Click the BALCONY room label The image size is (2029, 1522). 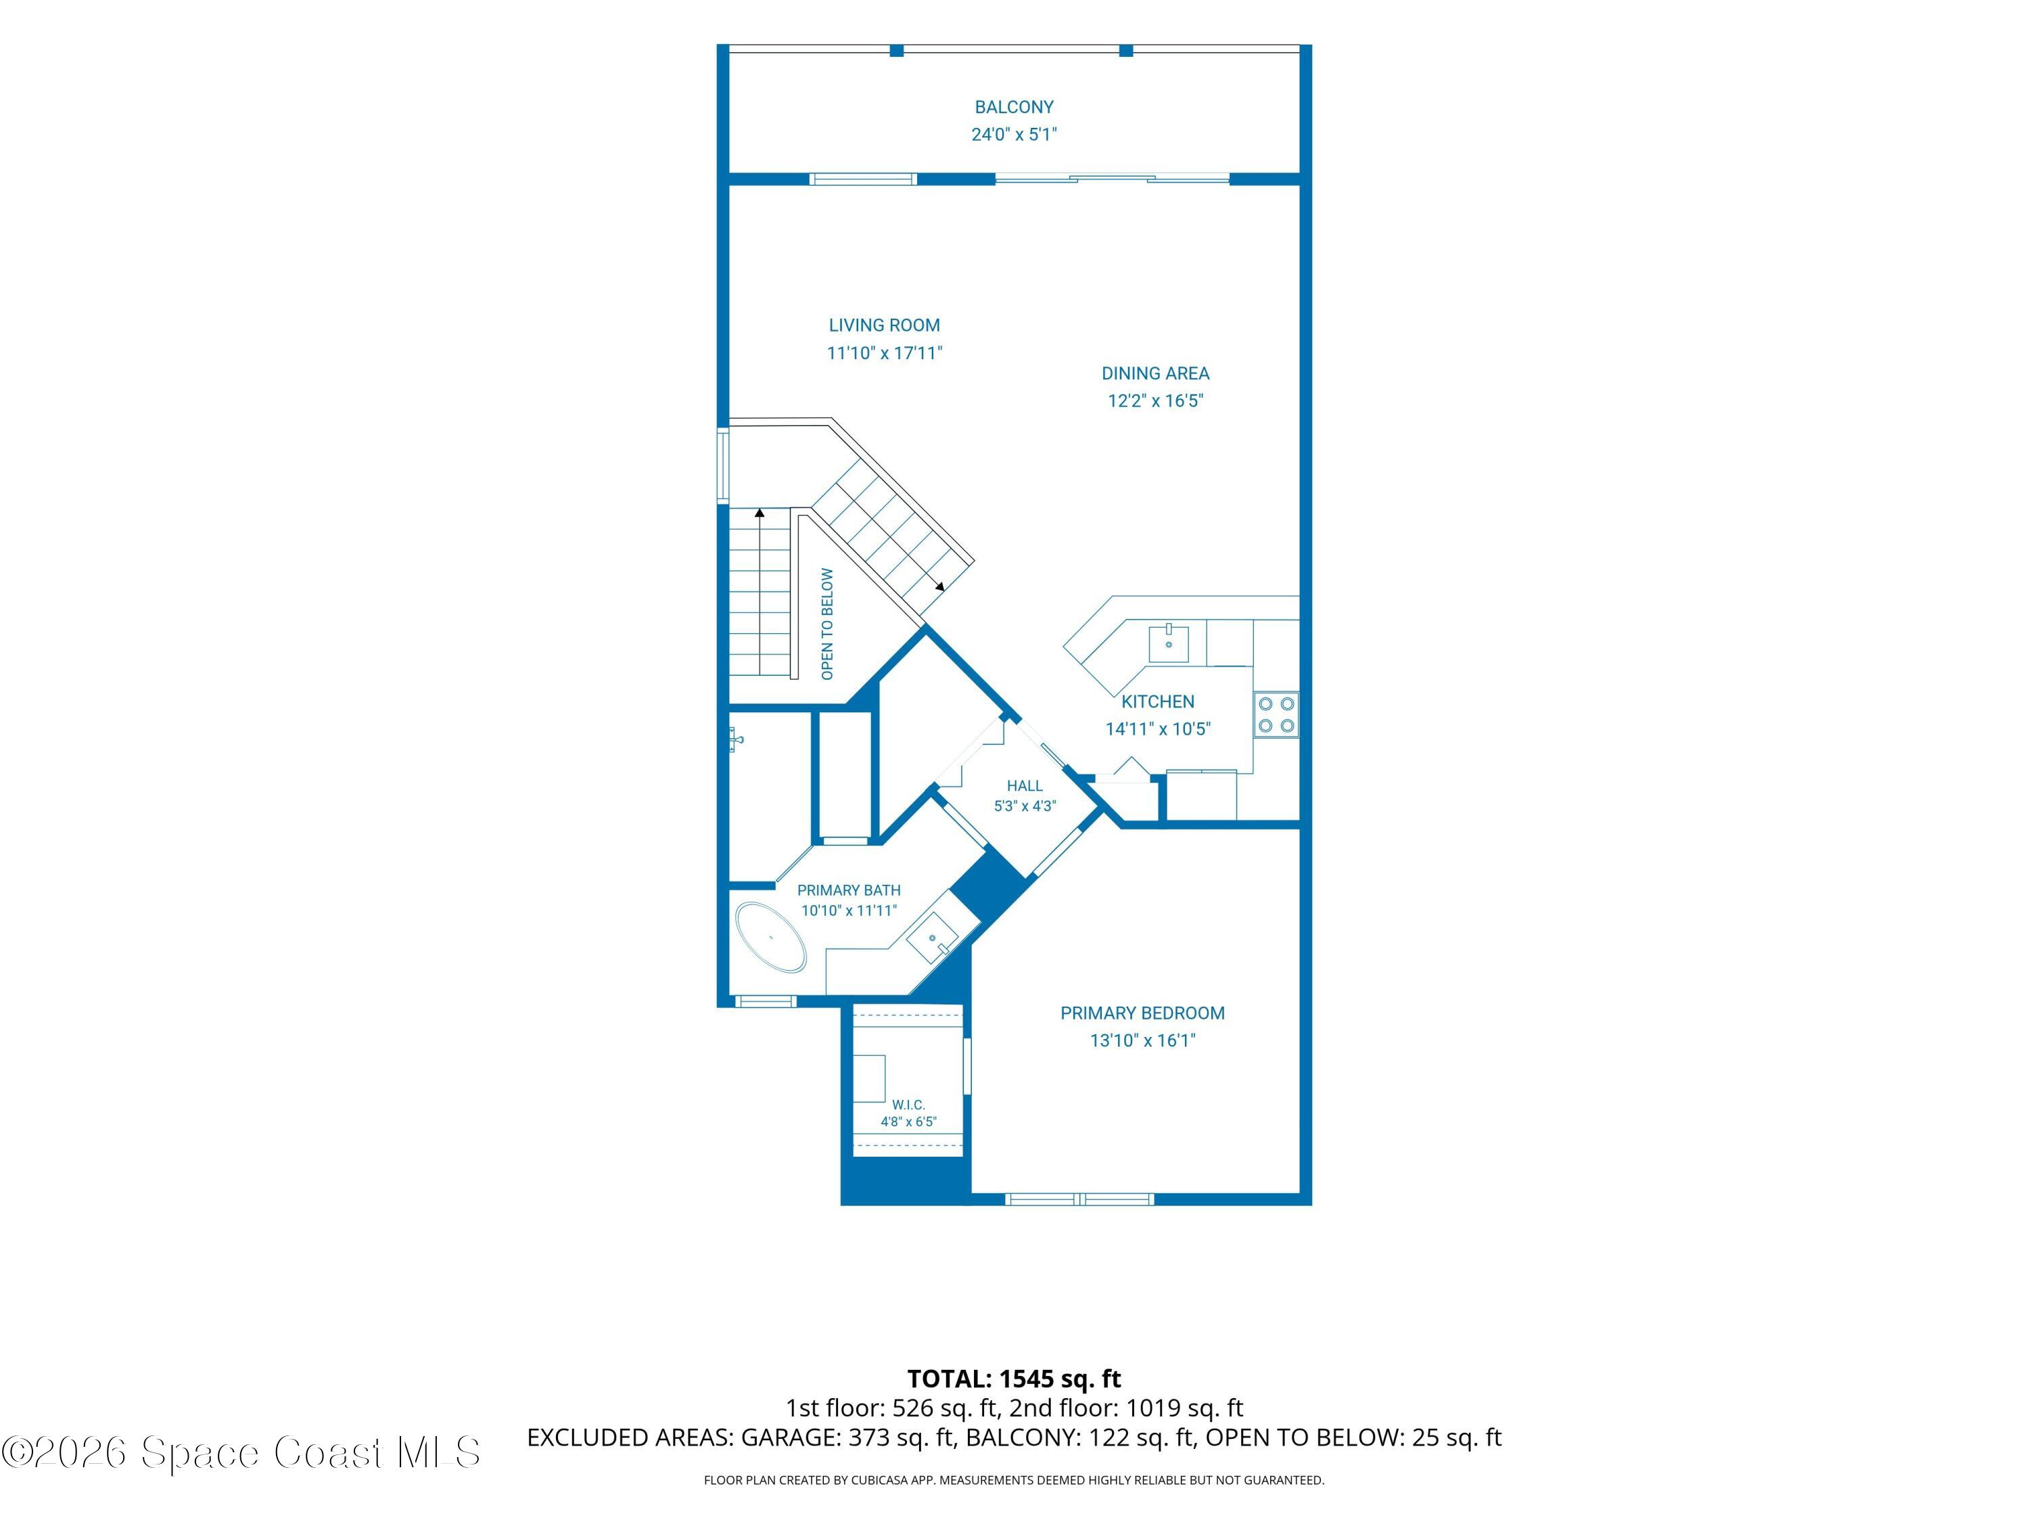1014,108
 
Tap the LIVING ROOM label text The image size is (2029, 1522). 884,325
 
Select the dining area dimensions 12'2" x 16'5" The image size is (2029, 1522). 1155,401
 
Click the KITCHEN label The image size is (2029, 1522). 1158,702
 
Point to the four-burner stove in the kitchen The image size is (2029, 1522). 1276,715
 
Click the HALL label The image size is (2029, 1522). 1025,786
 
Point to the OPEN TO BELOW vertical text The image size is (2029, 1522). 827,624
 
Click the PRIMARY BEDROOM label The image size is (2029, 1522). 1142,1014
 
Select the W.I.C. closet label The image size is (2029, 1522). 908,1105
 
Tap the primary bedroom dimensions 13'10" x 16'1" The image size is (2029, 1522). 1142,1040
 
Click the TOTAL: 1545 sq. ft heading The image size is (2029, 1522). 1014,1379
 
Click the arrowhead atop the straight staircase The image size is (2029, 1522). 760,513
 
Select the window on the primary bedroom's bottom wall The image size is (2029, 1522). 1079,1199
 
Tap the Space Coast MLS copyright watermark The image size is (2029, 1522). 241,1452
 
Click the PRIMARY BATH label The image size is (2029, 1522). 849,891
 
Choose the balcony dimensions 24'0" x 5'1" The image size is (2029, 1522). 1014,135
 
